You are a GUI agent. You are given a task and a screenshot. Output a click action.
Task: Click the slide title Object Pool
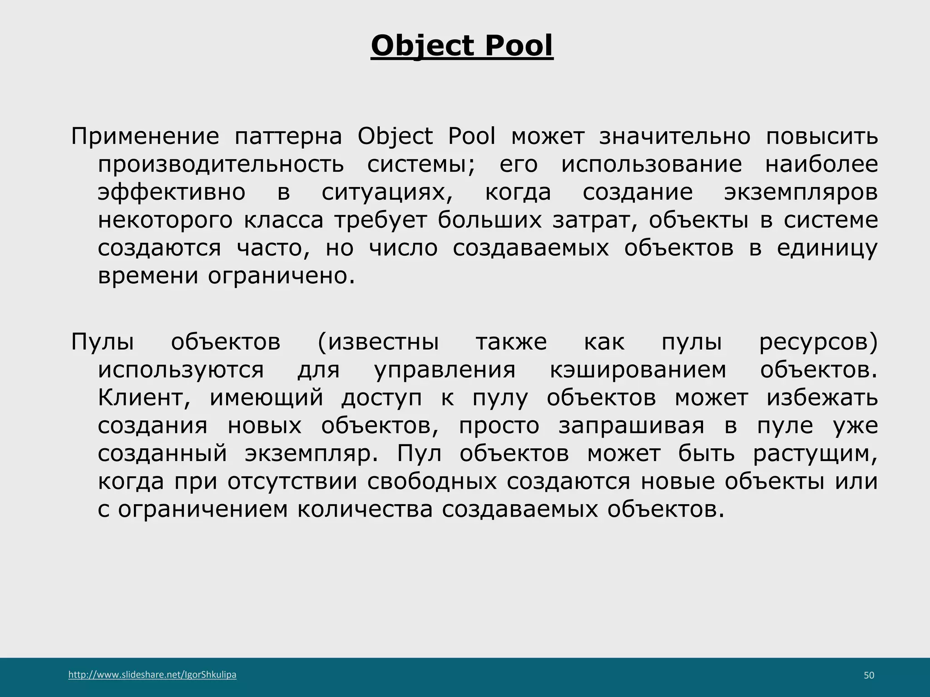[462, 46]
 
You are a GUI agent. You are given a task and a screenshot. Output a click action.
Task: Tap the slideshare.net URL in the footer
[152, 675]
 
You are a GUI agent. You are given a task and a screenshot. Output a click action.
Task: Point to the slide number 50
[869, 676]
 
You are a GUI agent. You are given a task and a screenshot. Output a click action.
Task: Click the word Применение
[145, 137]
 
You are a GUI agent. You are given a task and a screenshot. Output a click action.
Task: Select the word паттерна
[288, 137]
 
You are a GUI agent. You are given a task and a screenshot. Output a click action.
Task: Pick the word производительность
[221, 164]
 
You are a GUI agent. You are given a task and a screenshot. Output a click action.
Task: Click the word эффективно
[172, 192]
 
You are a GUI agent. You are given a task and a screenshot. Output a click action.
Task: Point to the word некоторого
[165, 220]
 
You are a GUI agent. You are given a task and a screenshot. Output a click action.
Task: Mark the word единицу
[827, 248]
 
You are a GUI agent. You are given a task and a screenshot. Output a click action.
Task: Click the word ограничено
[281, 276]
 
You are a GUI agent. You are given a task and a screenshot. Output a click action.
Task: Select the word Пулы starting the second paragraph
[103, 342]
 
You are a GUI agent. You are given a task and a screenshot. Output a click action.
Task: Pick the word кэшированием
[638, 370]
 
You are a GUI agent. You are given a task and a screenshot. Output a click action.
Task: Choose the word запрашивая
[631, 426]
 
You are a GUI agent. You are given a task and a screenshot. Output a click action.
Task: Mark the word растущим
[815, 454]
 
